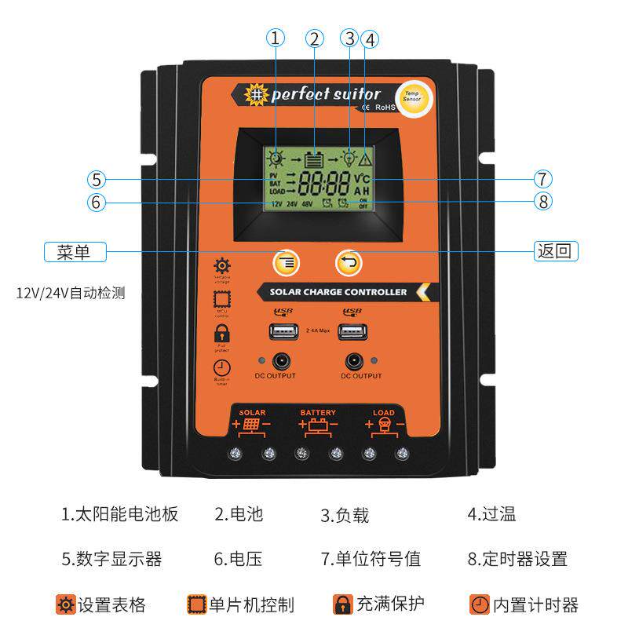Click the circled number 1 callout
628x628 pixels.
click(275, 38)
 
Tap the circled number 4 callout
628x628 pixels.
click(371, 38)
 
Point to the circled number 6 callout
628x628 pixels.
click(96, 201)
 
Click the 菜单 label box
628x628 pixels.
click(74, 252)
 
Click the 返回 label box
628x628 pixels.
click(557, 252)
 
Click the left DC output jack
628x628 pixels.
click(279, 361)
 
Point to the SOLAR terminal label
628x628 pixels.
click(252, 412)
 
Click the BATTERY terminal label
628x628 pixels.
click(318, 412)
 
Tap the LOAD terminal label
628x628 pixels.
click(384, 412)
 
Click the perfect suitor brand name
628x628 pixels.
click(325, 94)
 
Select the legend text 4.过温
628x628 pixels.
click(491, 514)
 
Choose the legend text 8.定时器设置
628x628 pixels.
click(517, 559)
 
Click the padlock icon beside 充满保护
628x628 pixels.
click(342, 604)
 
